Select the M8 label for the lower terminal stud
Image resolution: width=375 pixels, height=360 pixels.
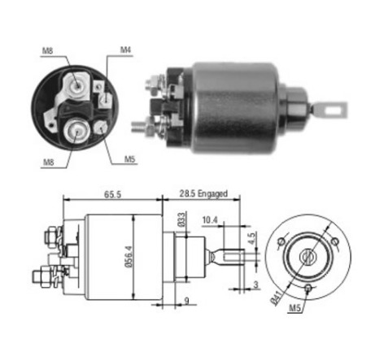pyautogui.click(x=48, y=161)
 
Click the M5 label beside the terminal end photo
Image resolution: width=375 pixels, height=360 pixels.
pyautogui.click(x=129, y=158)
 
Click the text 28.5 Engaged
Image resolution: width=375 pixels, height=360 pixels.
pyautogui.click(x=203, y=194)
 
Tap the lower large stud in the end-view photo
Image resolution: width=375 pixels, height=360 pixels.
pyautogui.click(x=76, y=129)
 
